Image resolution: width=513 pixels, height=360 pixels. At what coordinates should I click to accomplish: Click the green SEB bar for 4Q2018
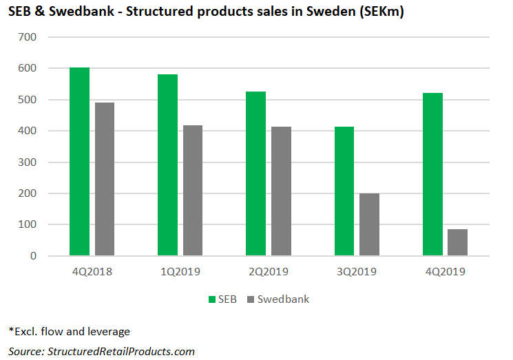[x=79, y=162]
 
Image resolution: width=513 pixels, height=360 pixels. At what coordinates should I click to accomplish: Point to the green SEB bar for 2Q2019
[x=255, y=173]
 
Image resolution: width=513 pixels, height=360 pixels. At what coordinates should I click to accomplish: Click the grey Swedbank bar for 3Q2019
[x=369, y=224]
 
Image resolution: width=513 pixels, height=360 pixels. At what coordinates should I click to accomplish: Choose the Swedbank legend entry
[x=279, y=299]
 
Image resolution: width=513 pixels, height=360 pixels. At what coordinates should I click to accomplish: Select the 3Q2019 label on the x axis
[x=357, y=272]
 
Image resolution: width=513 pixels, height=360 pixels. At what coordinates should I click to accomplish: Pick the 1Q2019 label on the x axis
[x=180, y=272]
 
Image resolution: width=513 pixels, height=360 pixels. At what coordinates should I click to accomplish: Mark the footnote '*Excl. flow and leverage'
[x=70, y=332]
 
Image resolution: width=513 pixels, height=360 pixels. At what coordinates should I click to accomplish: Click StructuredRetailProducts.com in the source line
[x=121, y=351]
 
